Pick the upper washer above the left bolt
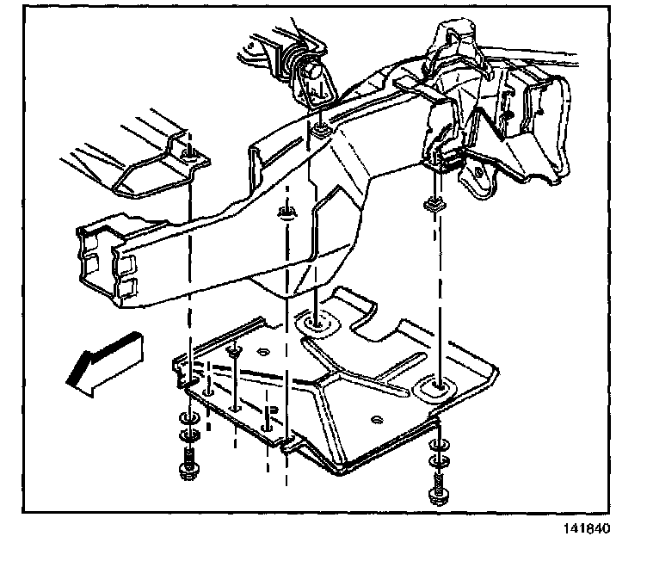click(187, 418)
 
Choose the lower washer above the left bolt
click(187, 433)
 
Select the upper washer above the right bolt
click(438, 444)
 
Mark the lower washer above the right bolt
click(438, 459)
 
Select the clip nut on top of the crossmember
click(320, 130)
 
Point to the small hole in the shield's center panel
click(377, 419)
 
